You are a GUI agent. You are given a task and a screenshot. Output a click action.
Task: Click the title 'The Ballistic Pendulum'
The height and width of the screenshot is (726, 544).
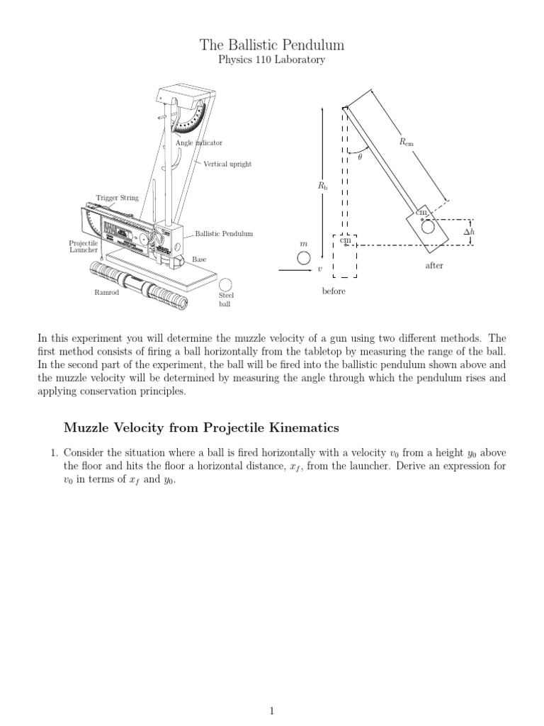click(x=272, y=45)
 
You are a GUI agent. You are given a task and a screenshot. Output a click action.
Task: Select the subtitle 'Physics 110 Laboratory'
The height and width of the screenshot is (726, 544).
click(x=272, y=60)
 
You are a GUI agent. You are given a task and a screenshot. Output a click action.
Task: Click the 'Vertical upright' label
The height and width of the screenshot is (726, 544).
click(x=227, y=164)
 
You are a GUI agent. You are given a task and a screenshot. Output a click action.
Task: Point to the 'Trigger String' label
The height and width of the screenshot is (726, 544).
click(x=118, y=198)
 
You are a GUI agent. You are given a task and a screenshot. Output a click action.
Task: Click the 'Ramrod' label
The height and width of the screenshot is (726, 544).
click(x=106, y=292)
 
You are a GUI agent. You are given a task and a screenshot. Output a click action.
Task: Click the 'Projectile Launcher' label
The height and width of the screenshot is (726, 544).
click(x=83, y=246)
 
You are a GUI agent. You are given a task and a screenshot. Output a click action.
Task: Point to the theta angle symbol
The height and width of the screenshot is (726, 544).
click(x=360, y=159)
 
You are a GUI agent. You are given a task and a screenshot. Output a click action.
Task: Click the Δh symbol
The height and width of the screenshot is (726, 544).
click(x=468, y=233)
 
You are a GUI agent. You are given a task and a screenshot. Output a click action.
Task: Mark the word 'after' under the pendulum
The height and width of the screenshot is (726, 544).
click(x=434, y=266)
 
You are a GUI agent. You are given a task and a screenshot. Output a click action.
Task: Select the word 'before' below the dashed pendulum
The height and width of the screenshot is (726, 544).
click(x=334, y=292)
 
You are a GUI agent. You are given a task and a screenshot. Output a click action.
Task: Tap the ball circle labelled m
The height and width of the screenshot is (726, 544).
click(x=304, y=257)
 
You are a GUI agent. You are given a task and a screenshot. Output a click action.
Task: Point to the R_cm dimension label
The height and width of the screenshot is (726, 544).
click(x=406, y=142)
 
